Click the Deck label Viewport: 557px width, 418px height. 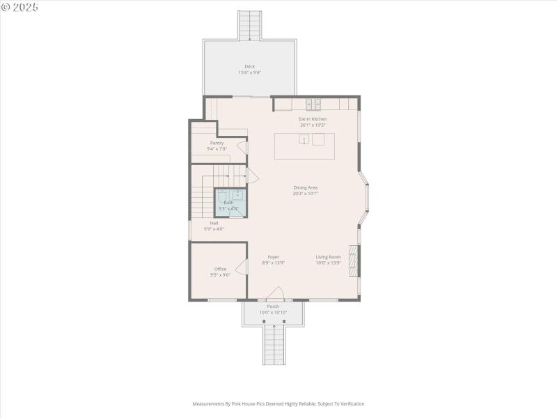[x=249, y=67]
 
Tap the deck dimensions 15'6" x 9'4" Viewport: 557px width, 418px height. [x=249, y=72]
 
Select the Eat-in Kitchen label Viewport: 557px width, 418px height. [x=313, y=119]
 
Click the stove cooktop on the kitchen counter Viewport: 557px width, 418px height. [x=313, y=104]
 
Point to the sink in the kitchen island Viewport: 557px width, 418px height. [x=304, y=139]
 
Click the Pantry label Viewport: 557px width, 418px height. [x=217, y=143]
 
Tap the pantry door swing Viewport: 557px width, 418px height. [x=242, y=147]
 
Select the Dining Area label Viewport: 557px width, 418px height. [x=305, y=187]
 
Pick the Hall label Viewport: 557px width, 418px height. [x=214, y=223]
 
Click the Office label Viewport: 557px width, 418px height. [x=220, y=269]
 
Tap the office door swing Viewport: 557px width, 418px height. [x=242, y=268]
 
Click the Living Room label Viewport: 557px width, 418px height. [x=328, y=257]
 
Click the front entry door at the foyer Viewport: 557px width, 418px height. [x=276, y=294]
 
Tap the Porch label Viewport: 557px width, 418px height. [x=273, y=307]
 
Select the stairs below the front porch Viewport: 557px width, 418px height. [x=274, y=345]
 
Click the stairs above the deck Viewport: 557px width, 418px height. [x=249, y=25]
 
